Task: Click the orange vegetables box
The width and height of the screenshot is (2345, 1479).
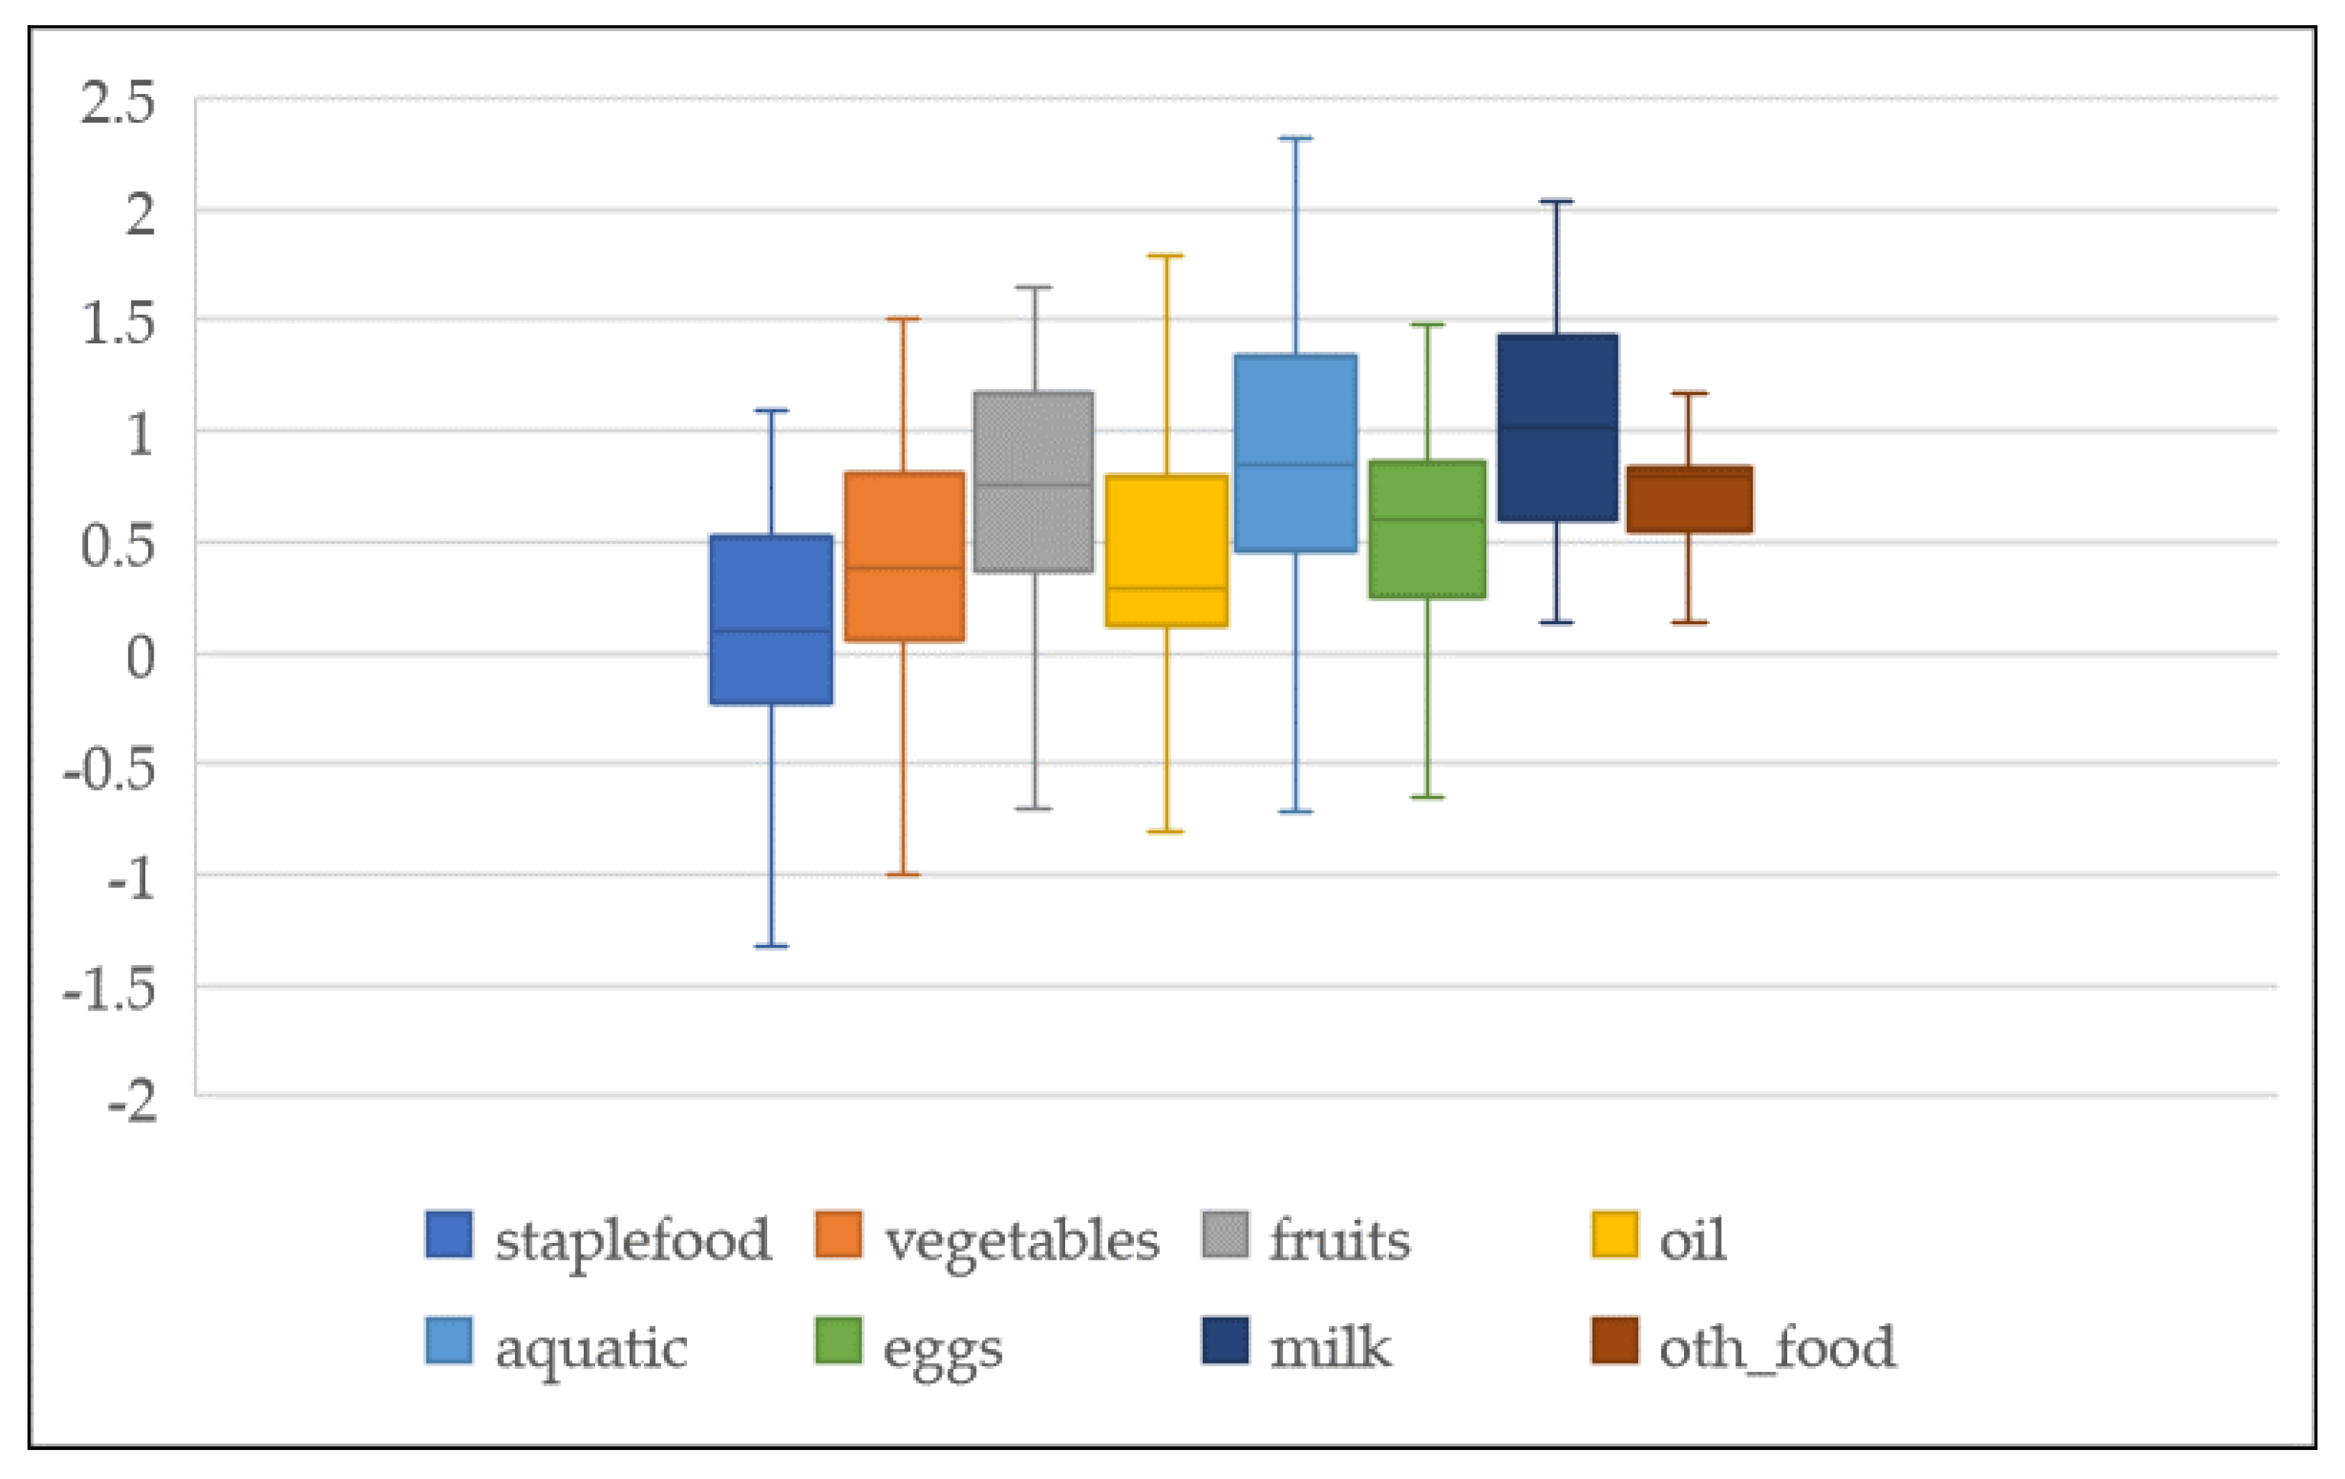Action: [x=904, y=556]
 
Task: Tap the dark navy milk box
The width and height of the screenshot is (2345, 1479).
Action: [x=1557, y=428]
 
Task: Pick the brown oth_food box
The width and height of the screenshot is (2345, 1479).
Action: [x=1689, y=499]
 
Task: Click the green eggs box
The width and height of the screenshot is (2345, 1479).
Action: [x=1427, y=529]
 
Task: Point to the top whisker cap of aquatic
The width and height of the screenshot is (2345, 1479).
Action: [x=1295, y=138]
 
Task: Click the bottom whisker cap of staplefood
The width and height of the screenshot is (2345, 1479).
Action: [x=771, y=946]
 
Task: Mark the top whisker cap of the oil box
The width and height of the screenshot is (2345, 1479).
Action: [x=1166, y=256]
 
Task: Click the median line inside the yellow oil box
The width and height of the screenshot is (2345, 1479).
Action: [x=1166, y=587]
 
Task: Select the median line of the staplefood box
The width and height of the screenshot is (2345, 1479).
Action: [x=771, y=630]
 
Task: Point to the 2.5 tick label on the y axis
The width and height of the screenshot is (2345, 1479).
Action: [x=117, y=102]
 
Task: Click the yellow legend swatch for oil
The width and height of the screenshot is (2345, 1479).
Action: [x=1614, y=1234]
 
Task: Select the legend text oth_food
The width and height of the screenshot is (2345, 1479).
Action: [x=1777, y=1348]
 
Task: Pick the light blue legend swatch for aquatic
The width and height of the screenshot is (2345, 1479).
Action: [x=449, y=1341]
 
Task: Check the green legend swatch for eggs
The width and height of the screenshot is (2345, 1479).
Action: [x=837, y=1341]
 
